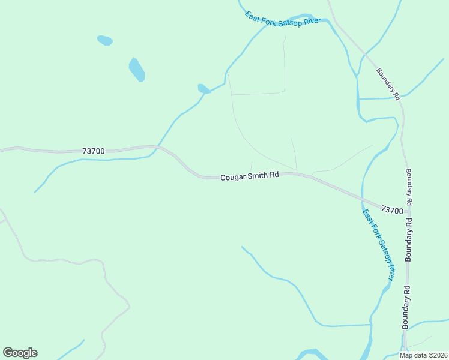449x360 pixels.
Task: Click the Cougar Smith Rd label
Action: coord(250,177)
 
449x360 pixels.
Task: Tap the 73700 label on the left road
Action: coord(94,151)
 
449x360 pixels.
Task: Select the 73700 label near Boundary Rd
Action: coord(392,210)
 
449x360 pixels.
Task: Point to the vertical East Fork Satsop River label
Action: coord(378,244)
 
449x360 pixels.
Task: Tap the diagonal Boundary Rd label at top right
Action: coord(388,83)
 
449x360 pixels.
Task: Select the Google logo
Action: coord(20,353)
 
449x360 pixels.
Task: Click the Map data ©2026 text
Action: coord(424,355)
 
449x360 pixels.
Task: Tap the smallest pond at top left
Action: coord(105,40)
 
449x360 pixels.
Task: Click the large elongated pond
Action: coord(137,69)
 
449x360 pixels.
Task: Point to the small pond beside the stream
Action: coord(204,89)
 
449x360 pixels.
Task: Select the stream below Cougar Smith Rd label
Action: coord(282,279)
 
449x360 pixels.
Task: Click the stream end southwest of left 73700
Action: coord(35,191)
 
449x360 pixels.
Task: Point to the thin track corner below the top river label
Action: coord(284,92)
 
